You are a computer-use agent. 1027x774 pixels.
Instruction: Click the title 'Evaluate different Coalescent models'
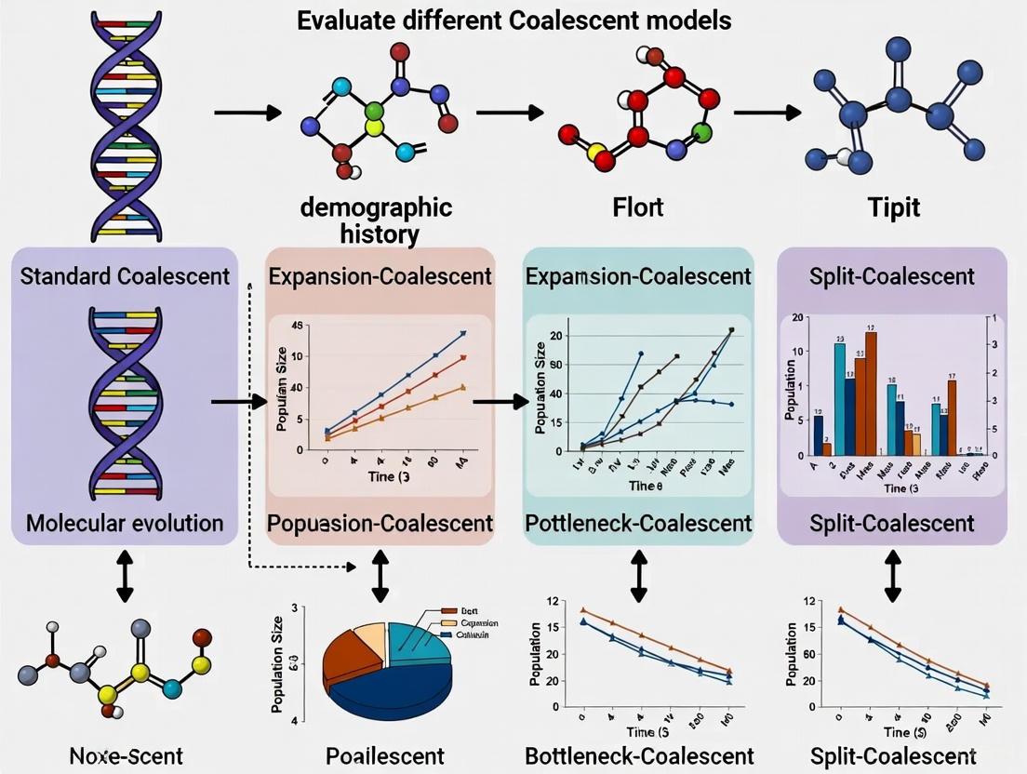coord(513,20)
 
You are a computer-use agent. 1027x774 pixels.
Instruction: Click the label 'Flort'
coord(637,207)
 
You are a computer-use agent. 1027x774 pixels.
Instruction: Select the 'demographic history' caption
coord(376,219)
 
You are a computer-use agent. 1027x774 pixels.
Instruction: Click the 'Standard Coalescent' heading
coord(125,276)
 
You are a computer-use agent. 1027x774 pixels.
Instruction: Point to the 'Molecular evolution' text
coord(125,522)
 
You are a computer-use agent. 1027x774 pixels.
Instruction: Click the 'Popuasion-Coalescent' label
coord(380,522)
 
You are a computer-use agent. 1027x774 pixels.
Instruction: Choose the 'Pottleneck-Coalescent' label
coord(638,522)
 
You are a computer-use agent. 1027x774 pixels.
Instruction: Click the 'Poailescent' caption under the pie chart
coord(385,754)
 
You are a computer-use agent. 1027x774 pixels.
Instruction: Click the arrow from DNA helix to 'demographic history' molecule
coord(247,113)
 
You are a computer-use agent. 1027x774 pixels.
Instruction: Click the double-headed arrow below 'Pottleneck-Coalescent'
coord(638,568)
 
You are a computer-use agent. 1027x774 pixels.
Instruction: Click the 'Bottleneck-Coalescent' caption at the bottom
coord(638,754)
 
